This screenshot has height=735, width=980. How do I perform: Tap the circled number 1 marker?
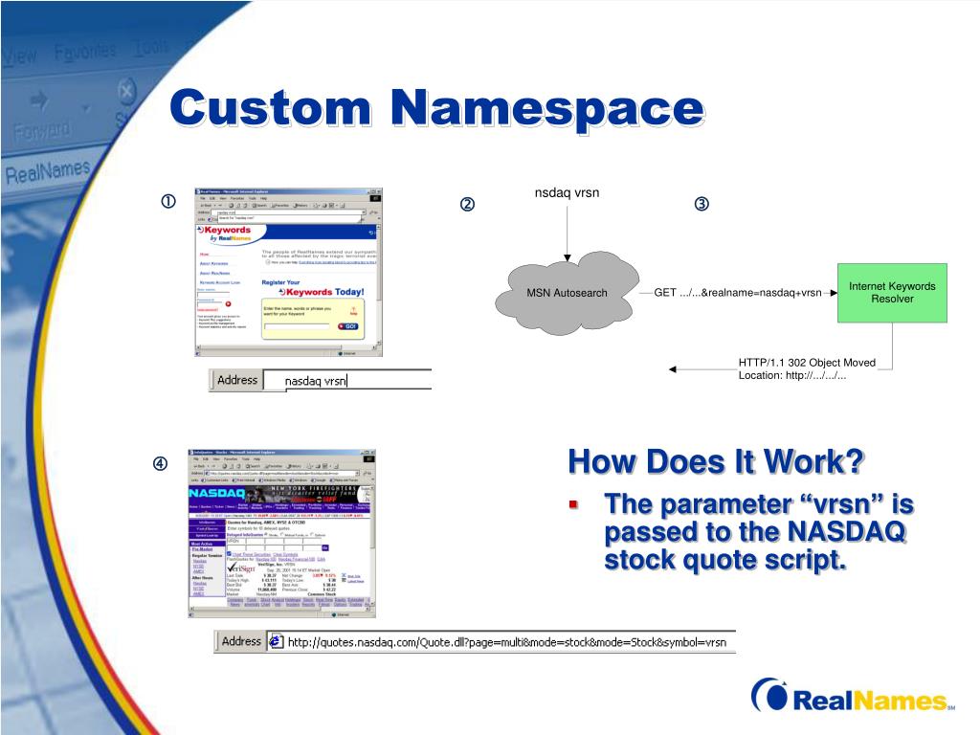(167, 202)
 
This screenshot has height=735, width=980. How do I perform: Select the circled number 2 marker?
(467, 205)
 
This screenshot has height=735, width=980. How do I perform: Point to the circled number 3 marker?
(702, 205)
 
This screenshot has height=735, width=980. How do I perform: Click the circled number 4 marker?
(161, 465)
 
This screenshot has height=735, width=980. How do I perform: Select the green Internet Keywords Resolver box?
(892, 292)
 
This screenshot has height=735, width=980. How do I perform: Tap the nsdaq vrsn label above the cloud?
(567, 192)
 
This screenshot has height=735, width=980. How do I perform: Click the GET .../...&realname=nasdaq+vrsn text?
(738, 292)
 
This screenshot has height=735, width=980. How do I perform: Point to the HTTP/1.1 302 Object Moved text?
(806, 363)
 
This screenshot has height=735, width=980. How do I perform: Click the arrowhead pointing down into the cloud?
(567, 256)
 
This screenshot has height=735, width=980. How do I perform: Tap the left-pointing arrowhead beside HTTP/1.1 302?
(673, 368)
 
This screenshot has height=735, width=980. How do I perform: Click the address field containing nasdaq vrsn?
(345, 381)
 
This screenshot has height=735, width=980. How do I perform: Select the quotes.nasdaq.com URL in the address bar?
(507, 641)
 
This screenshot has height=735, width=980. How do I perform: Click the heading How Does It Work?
(715, 461)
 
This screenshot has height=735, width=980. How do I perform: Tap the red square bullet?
(574, 503)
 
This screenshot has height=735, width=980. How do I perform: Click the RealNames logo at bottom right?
(852, 699)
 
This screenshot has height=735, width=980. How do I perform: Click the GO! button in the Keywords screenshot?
(346, 326)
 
